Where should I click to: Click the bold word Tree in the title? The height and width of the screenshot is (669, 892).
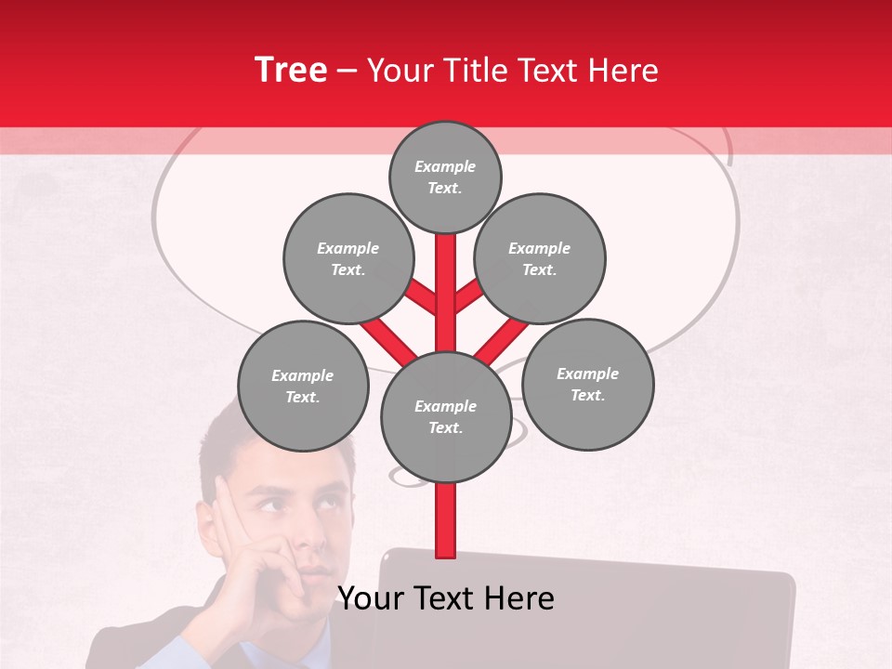[291, 71]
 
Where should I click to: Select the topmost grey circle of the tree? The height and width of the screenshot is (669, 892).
[445, 177]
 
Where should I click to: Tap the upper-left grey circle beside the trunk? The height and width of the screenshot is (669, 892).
[348, 258]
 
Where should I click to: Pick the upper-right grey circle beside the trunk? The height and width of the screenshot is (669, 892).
[540, 258]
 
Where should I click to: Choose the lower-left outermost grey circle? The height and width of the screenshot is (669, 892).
[303, 386]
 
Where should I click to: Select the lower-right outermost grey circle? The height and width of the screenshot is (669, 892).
[587, 384]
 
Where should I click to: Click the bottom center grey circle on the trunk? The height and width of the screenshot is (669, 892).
[445, 416]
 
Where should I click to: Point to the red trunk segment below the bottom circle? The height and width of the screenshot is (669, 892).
[445, 520]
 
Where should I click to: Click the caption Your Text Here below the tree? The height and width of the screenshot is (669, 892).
[445, 598]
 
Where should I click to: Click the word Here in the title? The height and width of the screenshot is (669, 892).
[625, 71]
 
